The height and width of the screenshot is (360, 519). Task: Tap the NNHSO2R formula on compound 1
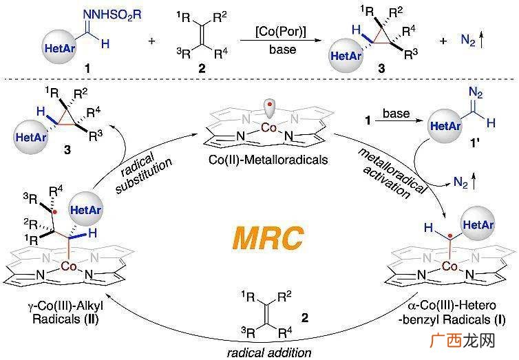pos(112,14)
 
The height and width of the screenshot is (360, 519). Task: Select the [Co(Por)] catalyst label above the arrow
pos(281,32)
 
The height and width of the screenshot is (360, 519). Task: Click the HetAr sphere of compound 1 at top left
pos(60,47)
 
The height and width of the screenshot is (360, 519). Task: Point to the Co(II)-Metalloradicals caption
pos(268,160)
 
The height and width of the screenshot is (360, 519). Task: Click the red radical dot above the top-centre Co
pos(269,105)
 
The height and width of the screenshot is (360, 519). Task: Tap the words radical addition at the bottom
pos(269,352)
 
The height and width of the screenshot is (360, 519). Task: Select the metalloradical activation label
pos(391,173)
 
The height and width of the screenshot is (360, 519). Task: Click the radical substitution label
pos(142,172)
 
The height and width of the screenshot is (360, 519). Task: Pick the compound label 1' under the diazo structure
pos(475,143)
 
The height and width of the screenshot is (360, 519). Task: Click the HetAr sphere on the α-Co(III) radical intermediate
pos(478,224)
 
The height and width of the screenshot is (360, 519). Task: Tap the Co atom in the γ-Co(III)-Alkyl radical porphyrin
pos(70,266)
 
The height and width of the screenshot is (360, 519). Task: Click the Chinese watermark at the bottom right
pos(463,340)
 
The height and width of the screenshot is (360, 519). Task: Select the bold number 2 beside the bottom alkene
pos(305,318)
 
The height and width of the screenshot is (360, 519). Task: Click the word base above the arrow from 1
pos(396,114)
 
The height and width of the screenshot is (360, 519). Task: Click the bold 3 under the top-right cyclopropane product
pos(382,69)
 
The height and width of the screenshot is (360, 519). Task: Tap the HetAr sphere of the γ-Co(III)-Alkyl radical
pos(86,209)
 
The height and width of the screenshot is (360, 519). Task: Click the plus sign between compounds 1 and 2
pos(151,41)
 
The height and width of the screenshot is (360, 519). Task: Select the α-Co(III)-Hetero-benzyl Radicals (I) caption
pos(452,312)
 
